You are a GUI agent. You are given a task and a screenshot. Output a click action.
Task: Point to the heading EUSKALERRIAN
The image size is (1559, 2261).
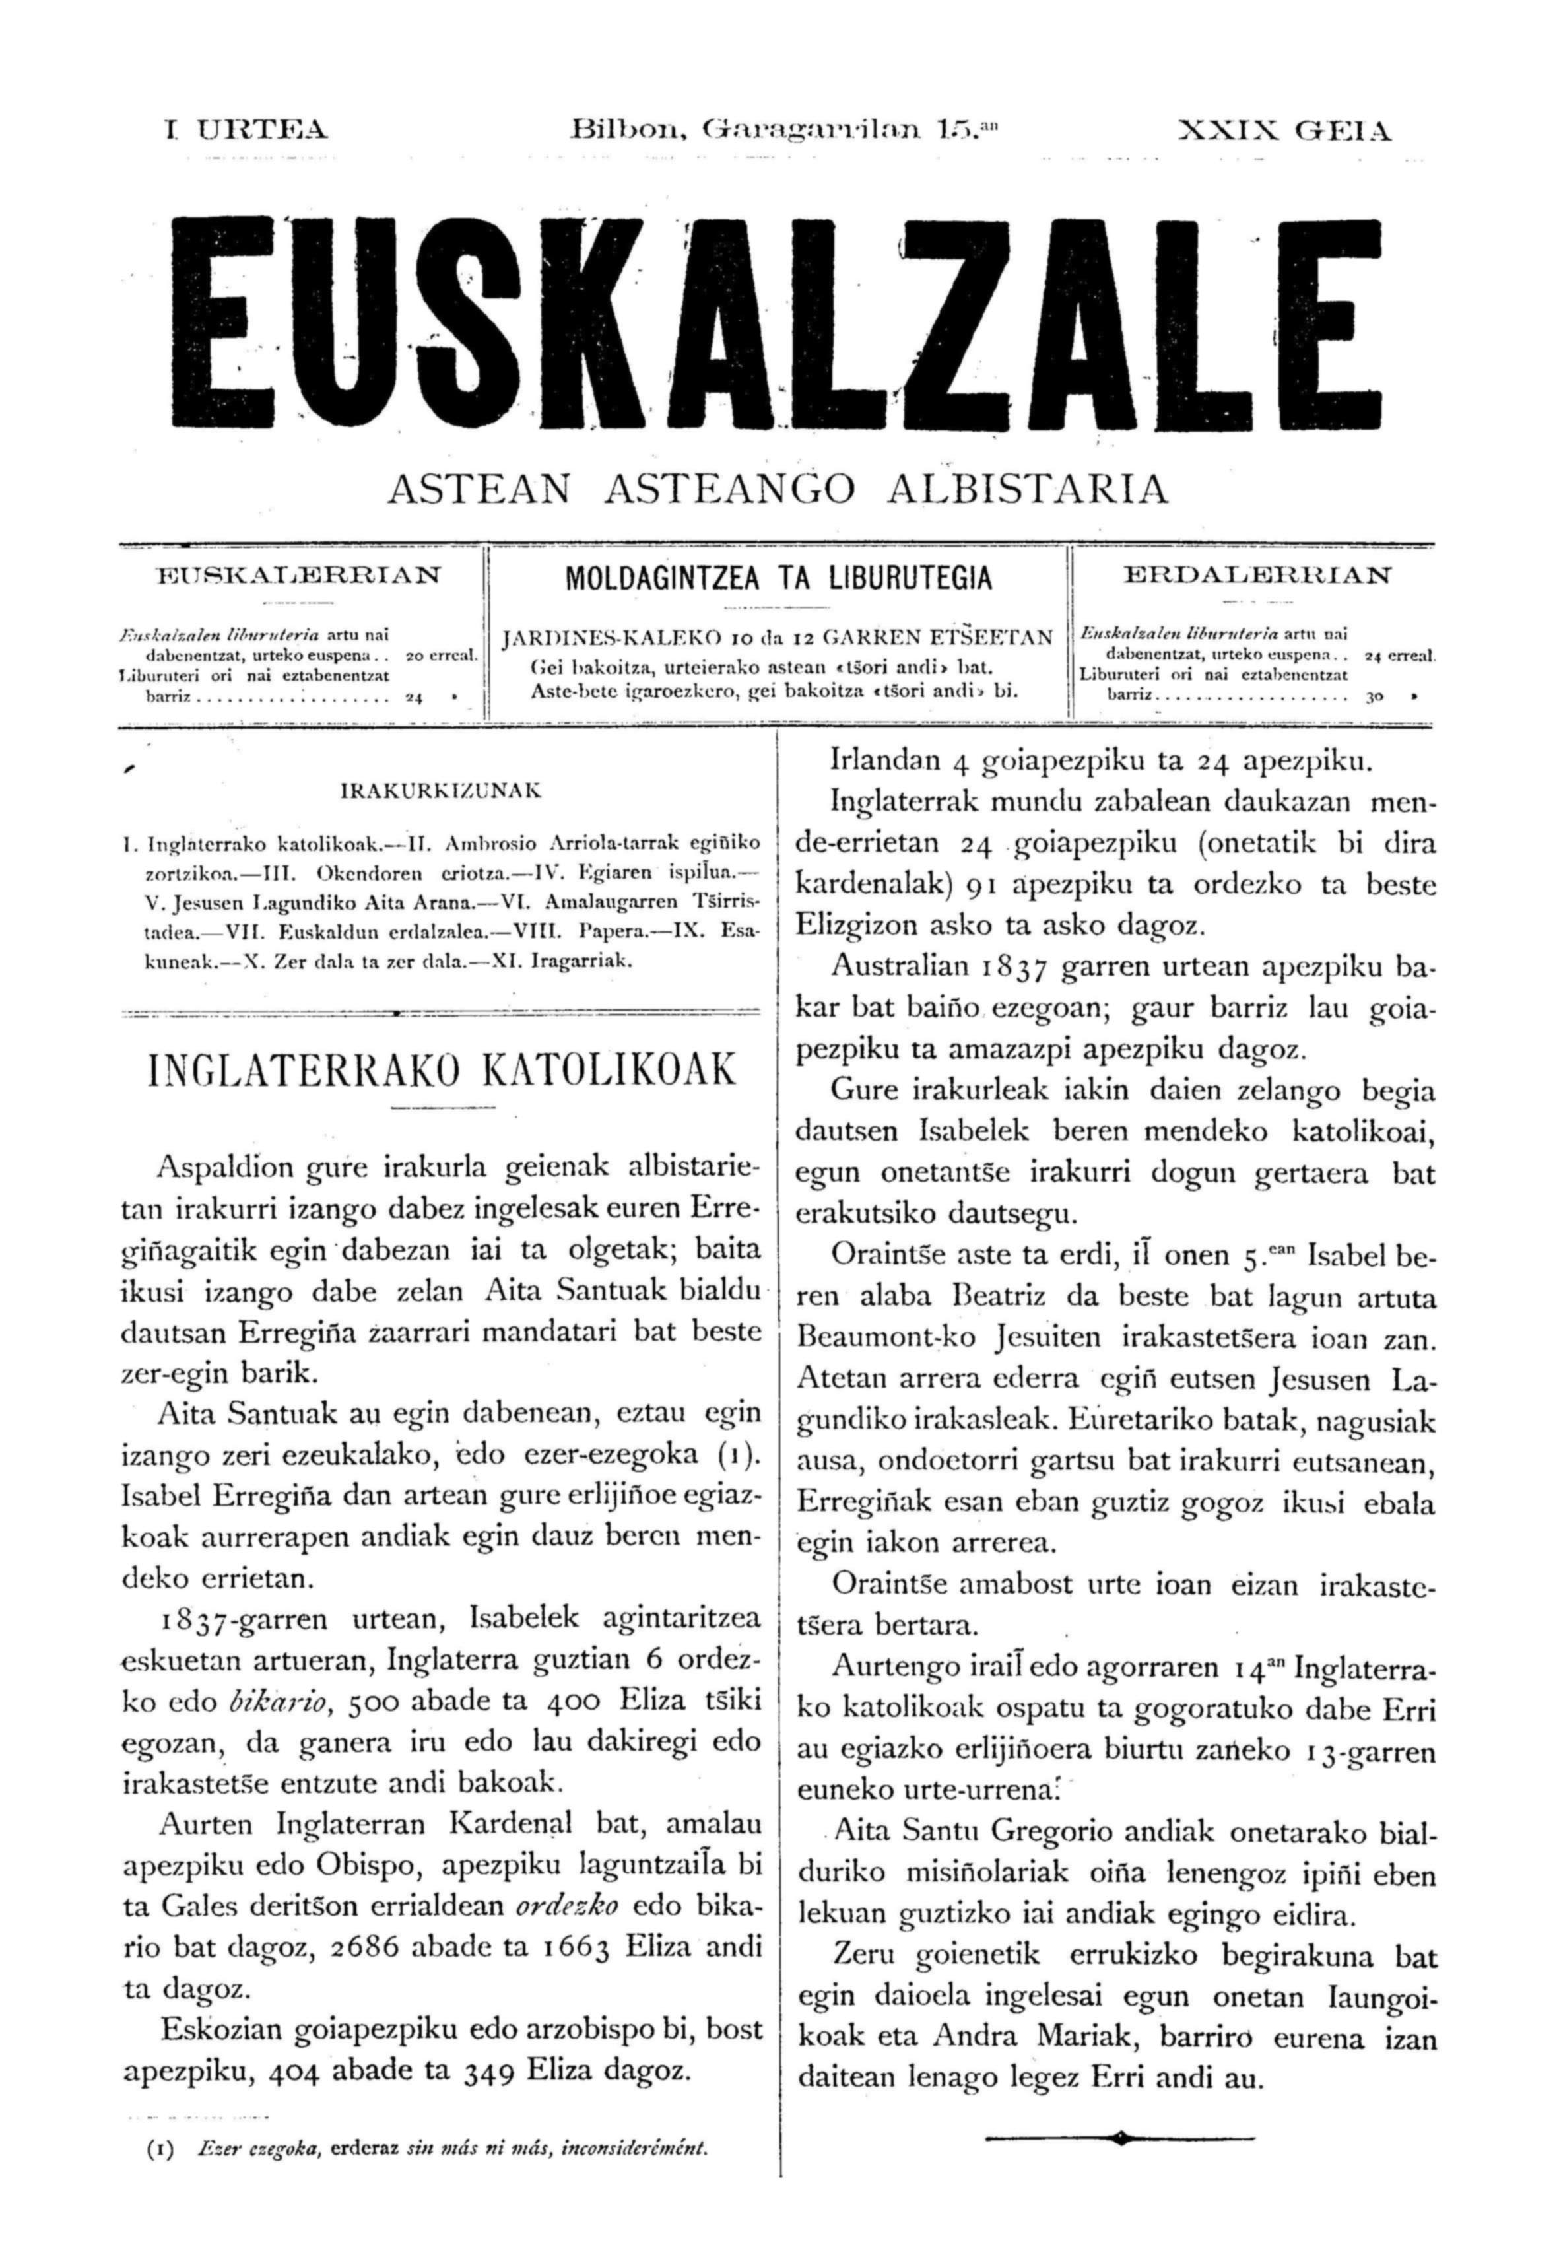[299, 576]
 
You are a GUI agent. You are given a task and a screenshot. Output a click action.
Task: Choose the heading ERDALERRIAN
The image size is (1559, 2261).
[1258, 576]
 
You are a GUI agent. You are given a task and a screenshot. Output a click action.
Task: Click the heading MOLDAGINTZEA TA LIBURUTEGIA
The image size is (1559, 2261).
[779, 578]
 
